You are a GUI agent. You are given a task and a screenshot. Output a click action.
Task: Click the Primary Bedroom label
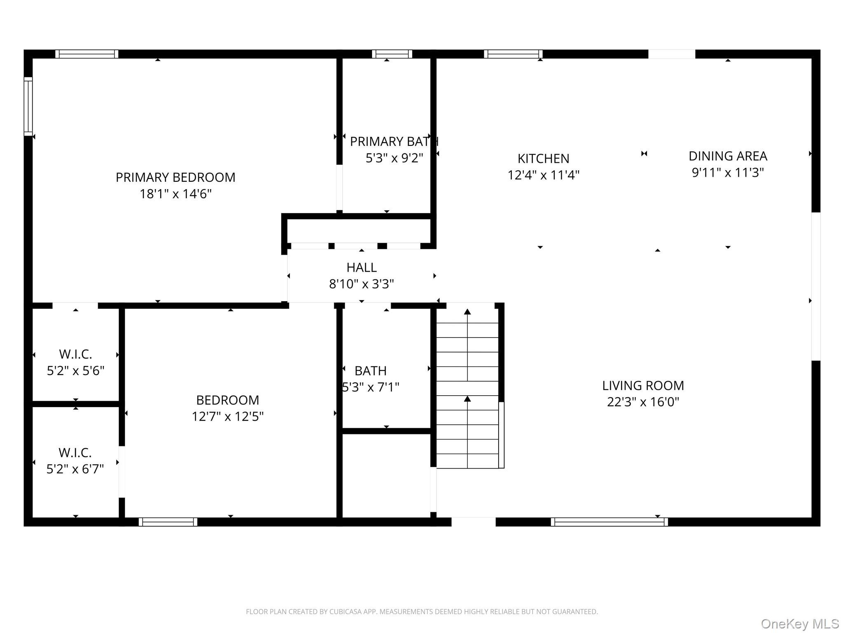[176, 177]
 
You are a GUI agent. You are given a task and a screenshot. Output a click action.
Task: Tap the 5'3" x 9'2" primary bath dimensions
[394, 158]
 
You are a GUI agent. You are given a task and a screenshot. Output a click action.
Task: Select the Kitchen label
[544, 159]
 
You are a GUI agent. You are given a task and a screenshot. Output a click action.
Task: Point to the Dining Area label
[728, 156]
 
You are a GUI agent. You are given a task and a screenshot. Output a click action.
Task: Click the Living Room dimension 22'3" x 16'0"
[643, 402]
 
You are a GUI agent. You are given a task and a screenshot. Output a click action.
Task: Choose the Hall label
[361, 267]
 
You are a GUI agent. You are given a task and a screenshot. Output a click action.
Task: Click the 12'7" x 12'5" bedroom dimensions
[227, 416]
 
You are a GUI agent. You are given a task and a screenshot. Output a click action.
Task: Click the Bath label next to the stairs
[370, 371]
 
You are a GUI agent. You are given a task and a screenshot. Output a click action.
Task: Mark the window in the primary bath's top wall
[392, 54]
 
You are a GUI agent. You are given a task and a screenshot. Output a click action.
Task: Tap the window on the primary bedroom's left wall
[28, 106]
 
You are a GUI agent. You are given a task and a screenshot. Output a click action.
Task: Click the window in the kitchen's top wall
[513, 54]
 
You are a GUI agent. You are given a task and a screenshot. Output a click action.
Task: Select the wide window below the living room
[609, 522]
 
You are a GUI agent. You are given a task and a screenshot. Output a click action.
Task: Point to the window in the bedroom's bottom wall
[168, 522]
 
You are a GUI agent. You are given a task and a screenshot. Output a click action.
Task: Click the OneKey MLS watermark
[800, 624]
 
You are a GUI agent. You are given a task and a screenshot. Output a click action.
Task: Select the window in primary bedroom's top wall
[87, 54]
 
